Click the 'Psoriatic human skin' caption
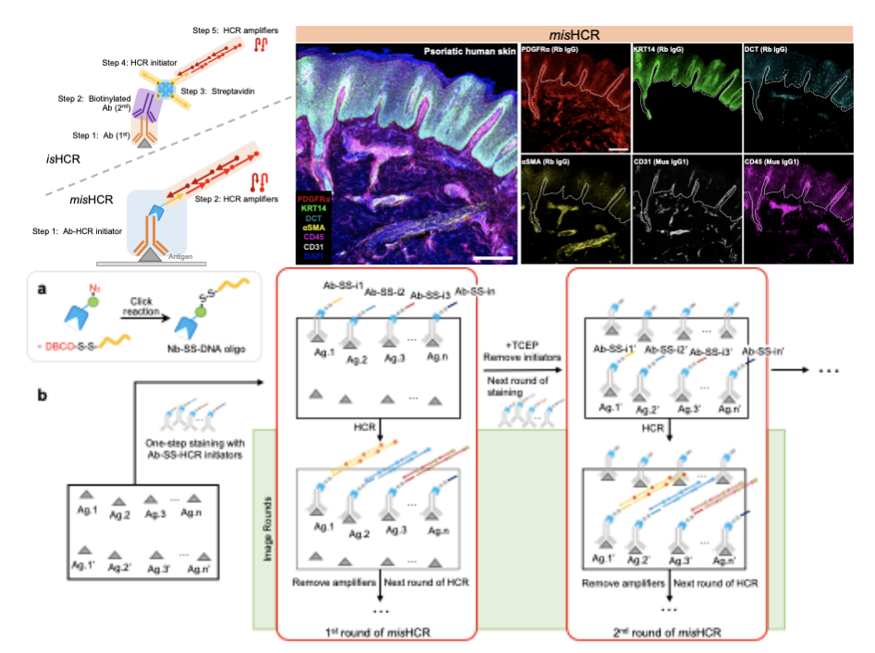coord(466,52)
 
